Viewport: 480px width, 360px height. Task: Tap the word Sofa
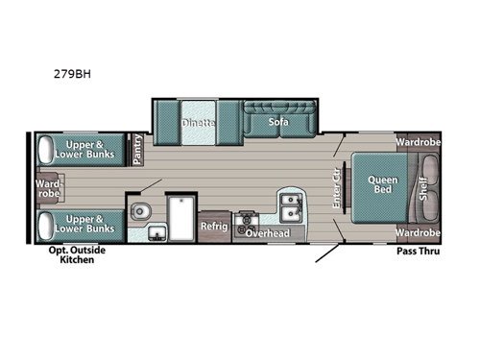tap(278, 122)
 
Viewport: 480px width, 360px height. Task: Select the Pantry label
tap(137, 150)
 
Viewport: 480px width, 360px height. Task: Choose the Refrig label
tap(213, 227)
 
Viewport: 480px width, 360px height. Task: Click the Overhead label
tap(266, 233)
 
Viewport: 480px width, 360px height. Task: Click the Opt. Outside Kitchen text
tap(71, 255)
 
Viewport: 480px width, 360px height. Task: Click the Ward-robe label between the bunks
tap(48, 188)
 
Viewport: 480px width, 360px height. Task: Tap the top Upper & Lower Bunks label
tap(84, 149)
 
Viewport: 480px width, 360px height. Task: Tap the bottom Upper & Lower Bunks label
tap(84, 224)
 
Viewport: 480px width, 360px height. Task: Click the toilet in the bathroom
tap(139, 210)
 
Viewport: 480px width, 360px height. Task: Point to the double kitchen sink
tap(292, 204)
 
